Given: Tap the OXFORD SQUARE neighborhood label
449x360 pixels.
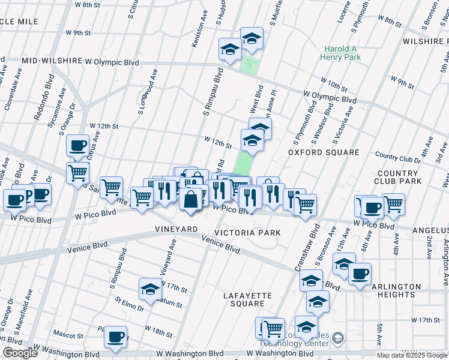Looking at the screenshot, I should coord(324,152).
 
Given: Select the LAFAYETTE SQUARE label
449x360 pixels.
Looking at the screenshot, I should coord(248,299).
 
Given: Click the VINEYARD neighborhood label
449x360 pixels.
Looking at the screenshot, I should coord(176,230).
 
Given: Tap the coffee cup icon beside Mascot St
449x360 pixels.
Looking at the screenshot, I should coord(116,337).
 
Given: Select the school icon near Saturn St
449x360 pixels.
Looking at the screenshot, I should coord(150,289).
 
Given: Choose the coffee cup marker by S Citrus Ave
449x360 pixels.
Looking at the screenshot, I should coord(77,145).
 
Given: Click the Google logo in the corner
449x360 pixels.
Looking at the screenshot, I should coord(20,353).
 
